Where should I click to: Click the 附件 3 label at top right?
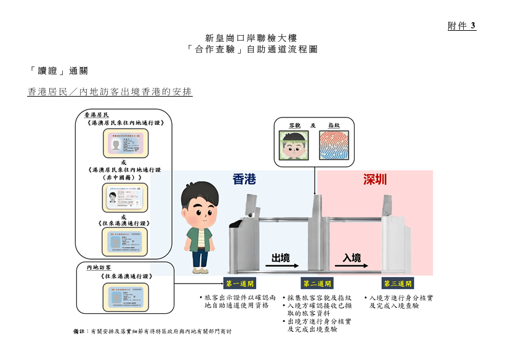461,26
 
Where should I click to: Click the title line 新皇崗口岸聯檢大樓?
252,38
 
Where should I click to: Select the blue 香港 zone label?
244,179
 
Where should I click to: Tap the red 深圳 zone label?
374,179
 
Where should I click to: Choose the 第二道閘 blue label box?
317,284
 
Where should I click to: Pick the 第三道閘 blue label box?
397,284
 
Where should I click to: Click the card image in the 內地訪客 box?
125,298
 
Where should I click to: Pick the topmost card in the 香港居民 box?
125,144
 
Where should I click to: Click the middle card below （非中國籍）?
125,198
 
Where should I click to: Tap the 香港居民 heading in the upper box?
96,115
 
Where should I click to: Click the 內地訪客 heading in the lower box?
99,268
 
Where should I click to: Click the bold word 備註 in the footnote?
78,331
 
